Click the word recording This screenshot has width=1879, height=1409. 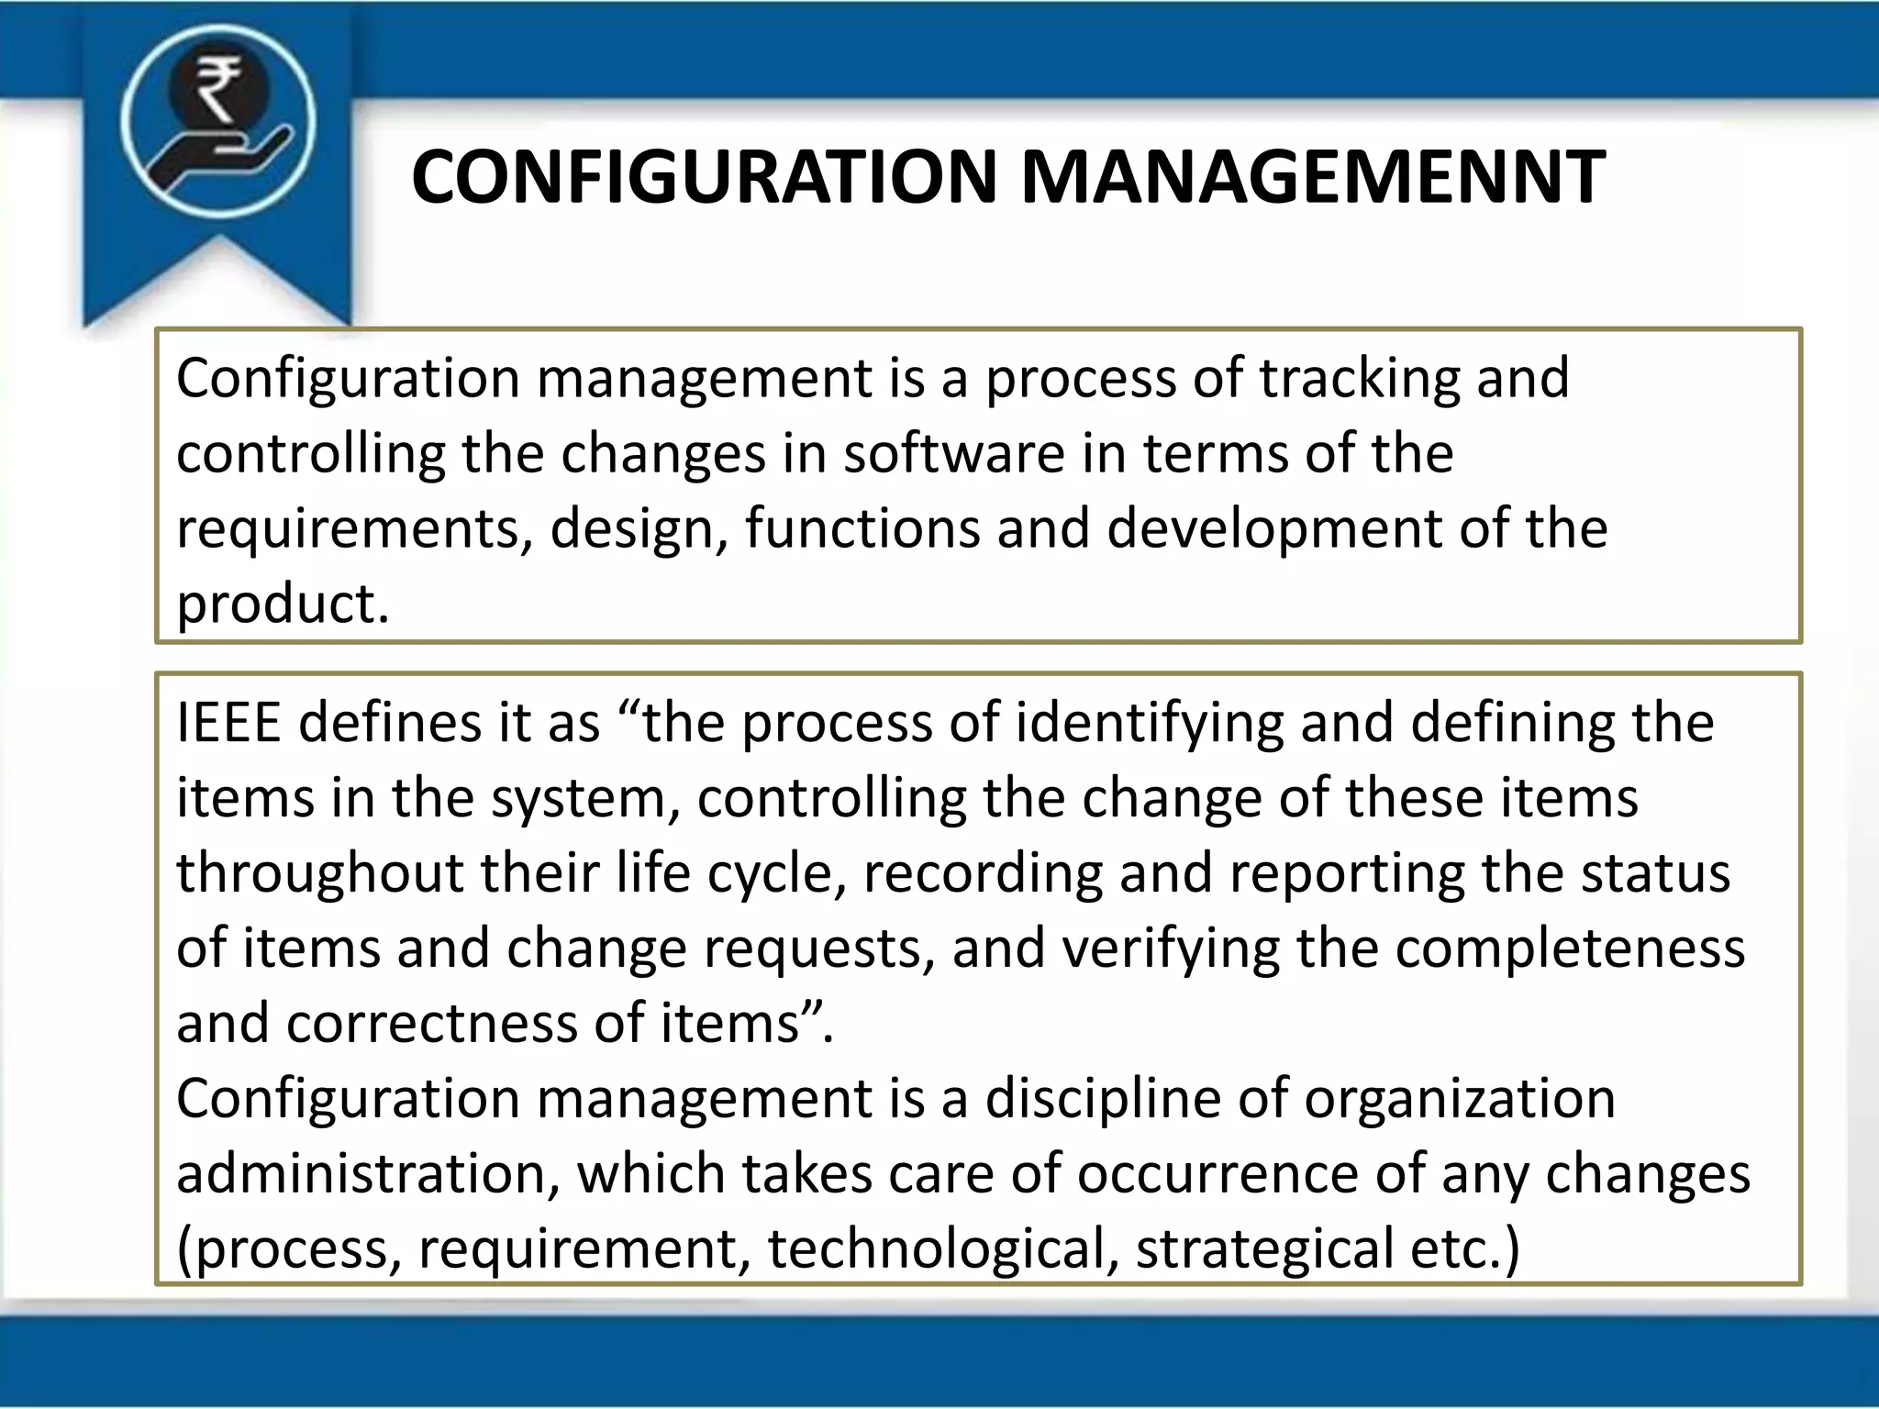(x=982, y=873)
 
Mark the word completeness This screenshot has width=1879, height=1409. (x=1570, y=949)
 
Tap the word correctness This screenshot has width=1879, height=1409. (x=431, y=1023)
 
